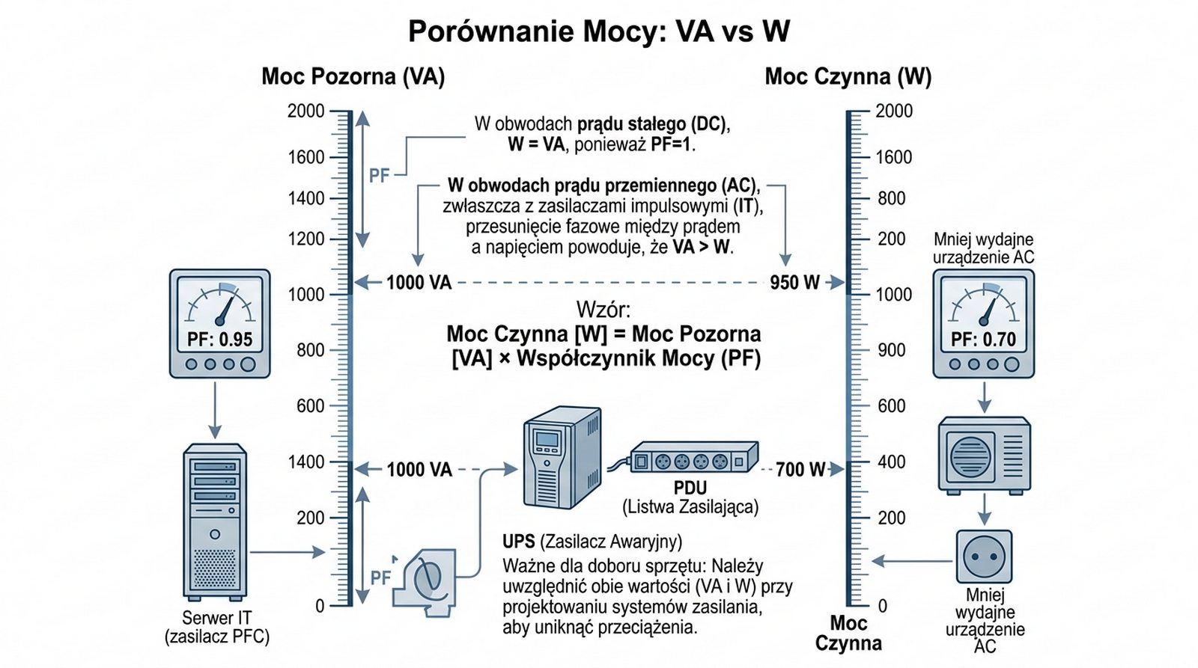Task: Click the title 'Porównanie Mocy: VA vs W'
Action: [x=598, y=31]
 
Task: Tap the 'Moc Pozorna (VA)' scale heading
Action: [x=353, y=76]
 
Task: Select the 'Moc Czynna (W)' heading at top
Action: [x=848, y=76]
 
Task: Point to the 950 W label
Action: [x=794, y=283]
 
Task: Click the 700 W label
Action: [x=800, y=470]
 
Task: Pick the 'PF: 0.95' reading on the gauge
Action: [x=219, y=340]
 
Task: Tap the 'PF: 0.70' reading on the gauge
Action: [x=983, y=340]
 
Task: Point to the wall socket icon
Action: [x=984, y=557]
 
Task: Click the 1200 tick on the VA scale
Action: [x=306, y=239]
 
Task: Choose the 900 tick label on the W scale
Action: [x=891, y=350]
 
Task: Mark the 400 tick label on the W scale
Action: [x=891, y=462]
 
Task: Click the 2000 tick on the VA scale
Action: [x=306, y=111]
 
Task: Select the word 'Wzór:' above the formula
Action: [x=603, y=309]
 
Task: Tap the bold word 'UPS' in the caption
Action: [x=518, y=542]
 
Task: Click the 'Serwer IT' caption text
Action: [x=217, y=618]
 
